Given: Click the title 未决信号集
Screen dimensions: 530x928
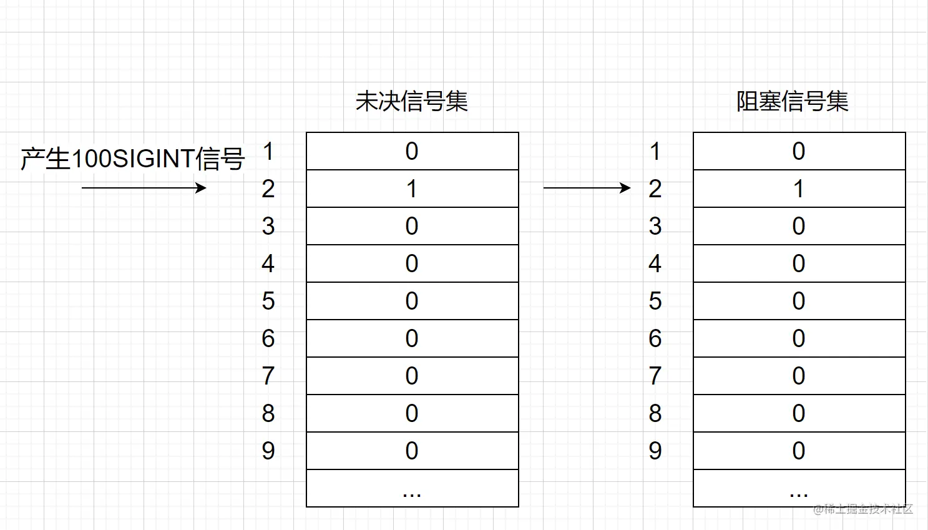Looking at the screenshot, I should [x=412, y=101].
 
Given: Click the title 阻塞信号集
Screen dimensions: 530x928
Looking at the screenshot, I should [x=793, y=101].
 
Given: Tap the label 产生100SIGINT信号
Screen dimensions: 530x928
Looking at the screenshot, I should [x=132, y=159].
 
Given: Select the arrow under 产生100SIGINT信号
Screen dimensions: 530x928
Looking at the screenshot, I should [x=144, y=187].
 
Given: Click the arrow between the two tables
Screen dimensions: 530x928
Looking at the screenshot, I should [x=587, y=187].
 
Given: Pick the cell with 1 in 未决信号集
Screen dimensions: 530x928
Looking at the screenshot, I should [x=412, y=189].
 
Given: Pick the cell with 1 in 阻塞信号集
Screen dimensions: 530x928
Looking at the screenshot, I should [x=799, y=189].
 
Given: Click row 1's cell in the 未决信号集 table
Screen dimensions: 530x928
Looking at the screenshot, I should [x=412, y=151].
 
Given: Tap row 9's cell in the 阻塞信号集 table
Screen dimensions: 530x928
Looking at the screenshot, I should [x=799, y=451].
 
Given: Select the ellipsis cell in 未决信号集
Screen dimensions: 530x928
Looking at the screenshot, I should [x=412, y=488].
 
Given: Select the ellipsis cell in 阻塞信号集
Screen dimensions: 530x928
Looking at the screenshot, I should [x=799, y=488].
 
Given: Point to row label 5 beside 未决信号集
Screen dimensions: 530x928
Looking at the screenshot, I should [x=268, y=301].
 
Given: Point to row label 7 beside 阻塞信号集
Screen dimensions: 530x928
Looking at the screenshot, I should [x=655, y=376].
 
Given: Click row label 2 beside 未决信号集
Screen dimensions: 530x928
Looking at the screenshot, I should [x=268, y=189].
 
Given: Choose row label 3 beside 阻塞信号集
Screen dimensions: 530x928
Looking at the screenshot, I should [x=655, y=226].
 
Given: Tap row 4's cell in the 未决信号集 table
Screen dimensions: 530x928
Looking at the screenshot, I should [x=412, y=263].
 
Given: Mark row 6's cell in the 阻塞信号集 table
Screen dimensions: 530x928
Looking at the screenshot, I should [x=799, y=338].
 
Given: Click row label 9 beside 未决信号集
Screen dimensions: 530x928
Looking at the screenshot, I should [x=268, y=451].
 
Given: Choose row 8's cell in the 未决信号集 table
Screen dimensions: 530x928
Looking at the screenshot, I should [x=412, y=413].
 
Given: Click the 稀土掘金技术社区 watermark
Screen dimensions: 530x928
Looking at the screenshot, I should [x=864, y=509].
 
